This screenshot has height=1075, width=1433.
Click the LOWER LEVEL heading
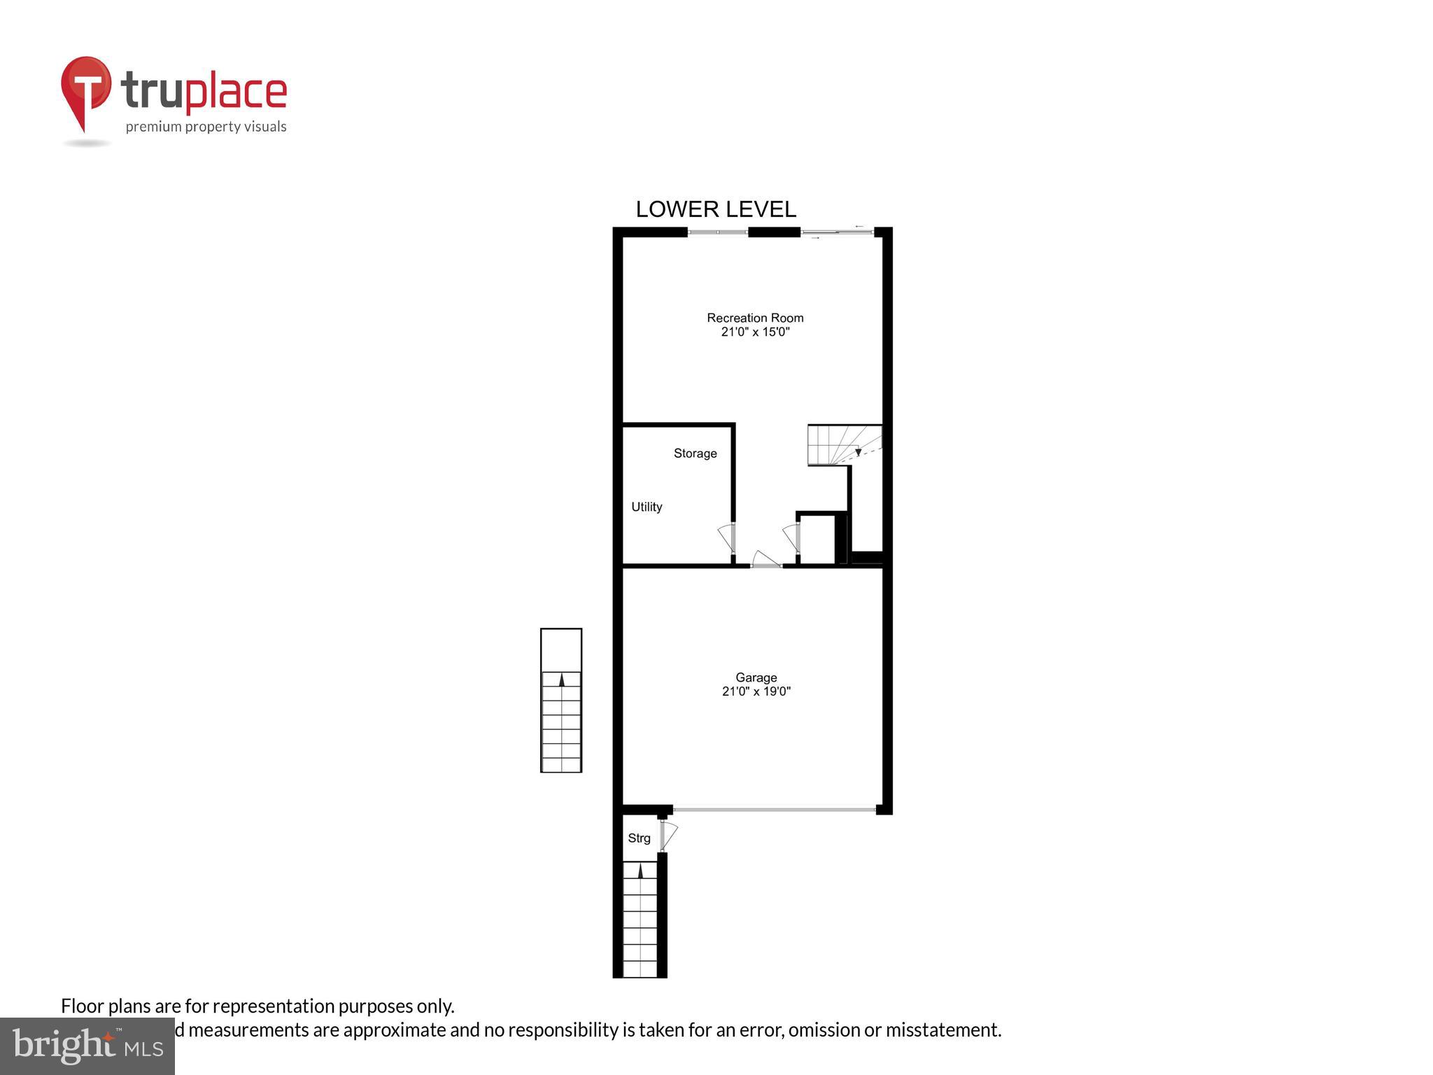(715, 209)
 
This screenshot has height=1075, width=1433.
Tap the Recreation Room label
(755, 318)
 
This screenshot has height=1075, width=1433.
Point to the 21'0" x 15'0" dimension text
(755, 332)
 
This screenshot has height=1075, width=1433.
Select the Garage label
(756, 677)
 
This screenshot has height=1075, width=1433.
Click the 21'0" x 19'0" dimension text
(756, 691)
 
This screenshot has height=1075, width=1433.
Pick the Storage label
(695, 454)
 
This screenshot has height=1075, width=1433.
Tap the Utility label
(647, 507)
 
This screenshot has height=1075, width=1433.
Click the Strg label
(639, 838)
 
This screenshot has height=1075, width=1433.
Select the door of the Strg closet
(668, 835)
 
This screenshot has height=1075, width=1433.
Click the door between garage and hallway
(765, 560)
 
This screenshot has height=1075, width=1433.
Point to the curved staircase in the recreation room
(844, 444)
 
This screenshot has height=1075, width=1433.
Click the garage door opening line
(774, 810)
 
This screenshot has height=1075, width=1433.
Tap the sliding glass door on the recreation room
(837, 232)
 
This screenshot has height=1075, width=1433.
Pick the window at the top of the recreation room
(718, 232)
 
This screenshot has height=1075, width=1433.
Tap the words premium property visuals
(206, 127)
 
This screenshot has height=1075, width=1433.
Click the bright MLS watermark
(87, 1046)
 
